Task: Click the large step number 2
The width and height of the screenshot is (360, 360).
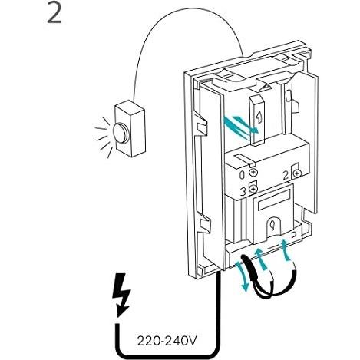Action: coord(54,13)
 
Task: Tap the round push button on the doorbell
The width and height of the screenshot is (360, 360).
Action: coord(121,133)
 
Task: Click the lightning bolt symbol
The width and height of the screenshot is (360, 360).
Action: coord(121,294)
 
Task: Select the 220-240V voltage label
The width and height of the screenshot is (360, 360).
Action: coord(167,341)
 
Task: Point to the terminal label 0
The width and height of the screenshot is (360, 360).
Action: coord(242,175)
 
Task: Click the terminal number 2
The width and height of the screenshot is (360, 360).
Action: coord(286,176)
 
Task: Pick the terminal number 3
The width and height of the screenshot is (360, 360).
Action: coord(243,191)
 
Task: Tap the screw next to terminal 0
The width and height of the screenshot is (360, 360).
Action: coord(253,172)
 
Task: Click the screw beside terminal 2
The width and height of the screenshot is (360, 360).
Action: coord(297,173)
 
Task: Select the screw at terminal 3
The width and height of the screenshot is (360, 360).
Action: coord(253,189)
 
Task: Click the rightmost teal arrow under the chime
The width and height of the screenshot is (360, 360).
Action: coord(286,250)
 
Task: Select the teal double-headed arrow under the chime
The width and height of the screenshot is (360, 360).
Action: coord(243,276)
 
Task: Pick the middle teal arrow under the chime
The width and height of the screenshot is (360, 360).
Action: coord(261,259)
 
